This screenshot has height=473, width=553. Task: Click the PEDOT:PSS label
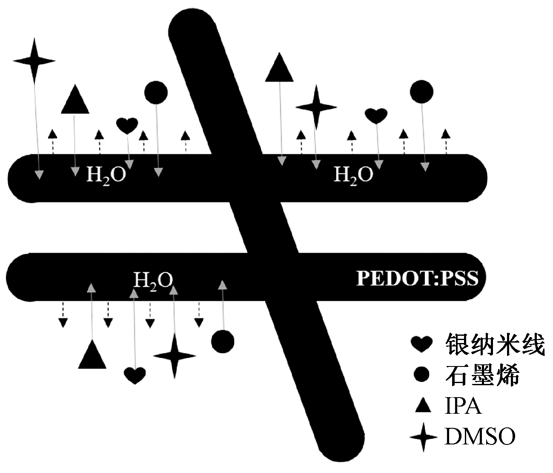coord(417,278)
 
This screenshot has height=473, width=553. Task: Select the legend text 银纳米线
coord(495,344)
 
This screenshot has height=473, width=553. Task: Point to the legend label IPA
coord(463,406)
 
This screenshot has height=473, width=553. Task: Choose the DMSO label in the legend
coord(480,437)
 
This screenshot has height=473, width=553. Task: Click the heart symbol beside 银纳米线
coord(421,344)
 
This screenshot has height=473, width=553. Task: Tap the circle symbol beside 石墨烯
coord(422,375)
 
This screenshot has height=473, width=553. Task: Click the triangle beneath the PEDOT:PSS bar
coord(92,356)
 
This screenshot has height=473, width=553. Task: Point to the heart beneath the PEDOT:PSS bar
coord(135,375)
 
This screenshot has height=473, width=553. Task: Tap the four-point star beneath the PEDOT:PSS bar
coord(174,356)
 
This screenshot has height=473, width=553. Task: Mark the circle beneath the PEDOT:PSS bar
coord(223,341)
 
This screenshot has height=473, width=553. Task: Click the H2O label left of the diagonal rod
coord(106,175)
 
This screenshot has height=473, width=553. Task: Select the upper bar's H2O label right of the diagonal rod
coord(353,175)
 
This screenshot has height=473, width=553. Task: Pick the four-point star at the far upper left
coord(34,61)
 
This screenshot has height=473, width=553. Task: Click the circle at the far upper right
coord(421,91)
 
